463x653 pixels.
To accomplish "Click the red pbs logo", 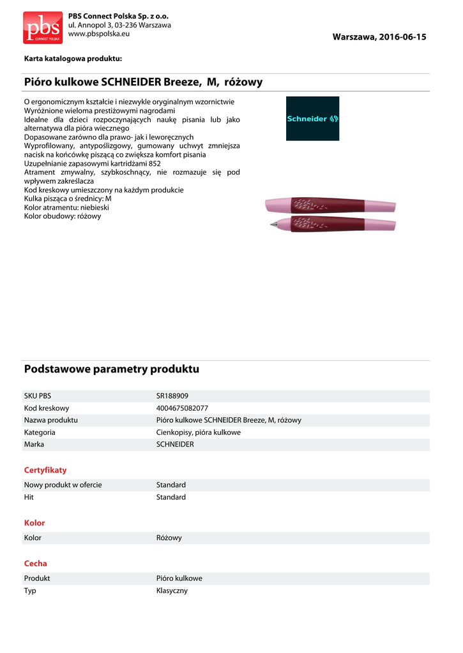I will [43, 27].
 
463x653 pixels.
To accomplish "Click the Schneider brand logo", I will [312, 119].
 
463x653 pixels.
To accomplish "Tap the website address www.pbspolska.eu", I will [99, 33].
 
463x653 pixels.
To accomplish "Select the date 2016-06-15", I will [402, 37].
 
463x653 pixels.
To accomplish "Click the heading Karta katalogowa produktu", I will [73, 59].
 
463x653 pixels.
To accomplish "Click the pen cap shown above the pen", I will [330, 205].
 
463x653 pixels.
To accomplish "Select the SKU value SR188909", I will [172, 396].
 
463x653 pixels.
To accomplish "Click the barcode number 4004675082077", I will [182, 408].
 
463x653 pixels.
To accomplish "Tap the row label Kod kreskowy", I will [47, 408].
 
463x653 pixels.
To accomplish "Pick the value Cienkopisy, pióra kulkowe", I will [199, 432].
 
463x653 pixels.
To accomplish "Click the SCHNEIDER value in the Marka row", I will [175, 444].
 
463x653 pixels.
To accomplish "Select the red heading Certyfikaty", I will [45, 470].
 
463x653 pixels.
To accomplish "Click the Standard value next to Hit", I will [171, 497].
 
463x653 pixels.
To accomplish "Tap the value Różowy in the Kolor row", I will [169, 538].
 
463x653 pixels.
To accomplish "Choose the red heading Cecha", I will [36, 564].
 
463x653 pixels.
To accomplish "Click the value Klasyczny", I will [172, 591].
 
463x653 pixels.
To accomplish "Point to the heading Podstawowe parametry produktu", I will [112, 369].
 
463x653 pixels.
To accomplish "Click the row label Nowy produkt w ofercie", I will [63, 485].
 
